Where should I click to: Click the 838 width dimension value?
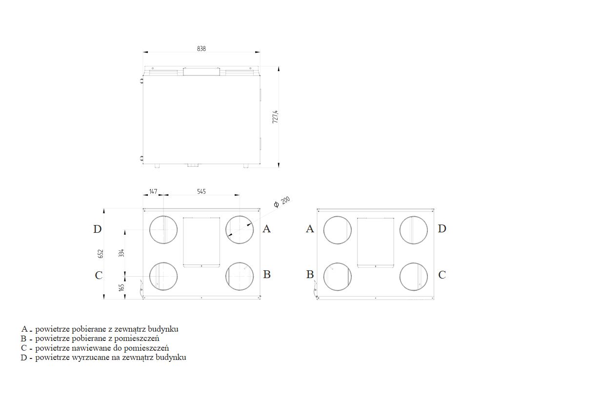pyautogui.click(x=201, y=49)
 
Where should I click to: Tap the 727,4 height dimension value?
pyautogui.click(x=275, y=117)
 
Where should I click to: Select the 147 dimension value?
pyautogui.click(x=153, y=191)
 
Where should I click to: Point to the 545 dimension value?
pyautogui.click(x=201, y=191)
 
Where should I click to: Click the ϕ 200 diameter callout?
pyautogui.click(x=282, y=202)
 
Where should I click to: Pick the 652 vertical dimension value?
pyautogui.click(x=100, y=254)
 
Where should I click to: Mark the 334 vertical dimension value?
pyautogui.click(x=121, y=253)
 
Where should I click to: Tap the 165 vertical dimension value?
pyautogui.click(x=121, y=287)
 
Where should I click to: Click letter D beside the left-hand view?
pyautogui.click(x=97, y=229)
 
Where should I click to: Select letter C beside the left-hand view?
pyautogui.click(x=99, y=275)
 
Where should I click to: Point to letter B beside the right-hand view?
pyautogui.click(x=310, y=275)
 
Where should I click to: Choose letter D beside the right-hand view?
pyautogui.click(x=442, y=228)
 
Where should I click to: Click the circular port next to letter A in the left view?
pyautogui.click(x=240, y=230)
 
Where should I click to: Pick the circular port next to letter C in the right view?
pyautogui.click(x=414, y=277)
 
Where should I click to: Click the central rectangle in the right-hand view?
pyautogui.click(x=376, y=243)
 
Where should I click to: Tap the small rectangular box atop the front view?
pyautogui.click(x=201, y=72)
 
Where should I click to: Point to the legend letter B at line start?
pyautogui.click(x=23, y=339)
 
